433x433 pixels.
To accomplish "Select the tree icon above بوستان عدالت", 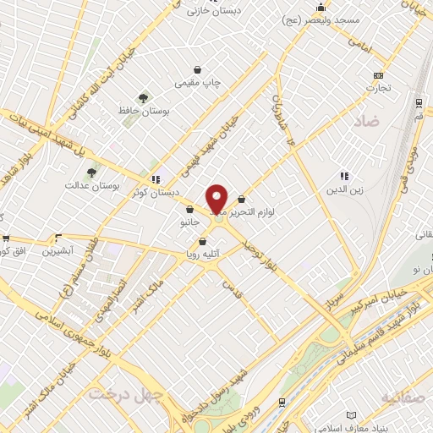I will click(90, 173).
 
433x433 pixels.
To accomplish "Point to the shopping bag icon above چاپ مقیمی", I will click(198, 70).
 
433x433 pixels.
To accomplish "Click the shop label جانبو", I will click(186, 222).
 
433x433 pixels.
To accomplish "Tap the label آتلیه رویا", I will click(203, 253).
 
